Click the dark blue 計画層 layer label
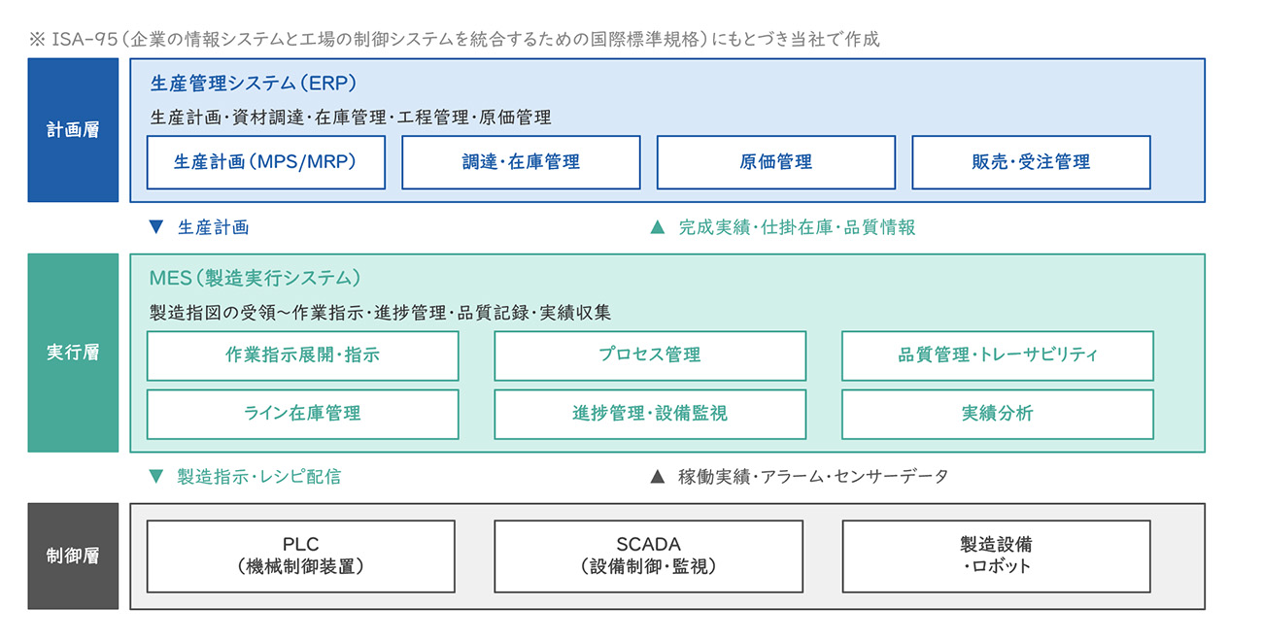73,130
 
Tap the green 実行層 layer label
73,353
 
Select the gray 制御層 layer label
73,556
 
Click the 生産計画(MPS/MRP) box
266,162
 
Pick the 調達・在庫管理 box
521,162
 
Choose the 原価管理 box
776,162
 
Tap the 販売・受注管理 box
1031,162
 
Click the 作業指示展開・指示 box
303,355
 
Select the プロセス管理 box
650,355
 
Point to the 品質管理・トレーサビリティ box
998,355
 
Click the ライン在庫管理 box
303,415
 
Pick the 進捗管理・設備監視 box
650,415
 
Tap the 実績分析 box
998,415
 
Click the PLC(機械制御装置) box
301,557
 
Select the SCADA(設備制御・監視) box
648,557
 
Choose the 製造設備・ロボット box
996,557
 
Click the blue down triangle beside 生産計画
156,226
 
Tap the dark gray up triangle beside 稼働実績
658,477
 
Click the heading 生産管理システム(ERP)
254,84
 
